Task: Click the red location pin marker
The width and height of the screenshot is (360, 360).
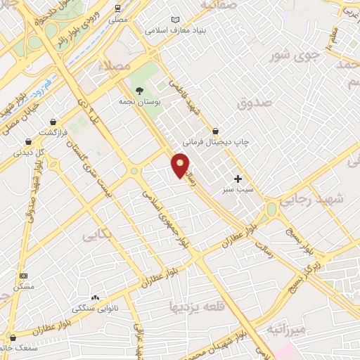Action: (x=180, y=165)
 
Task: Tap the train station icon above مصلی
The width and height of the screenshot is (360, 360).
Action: (x=119, y=8)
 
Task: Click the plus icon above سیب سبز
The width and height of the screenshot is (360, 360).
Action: (x=238, y=179)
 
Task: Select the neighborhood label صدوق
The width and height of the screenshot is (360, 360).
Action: (x=254, y=104)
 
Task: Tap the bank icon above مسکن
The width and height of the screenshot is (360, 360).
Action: (x=23, y=276)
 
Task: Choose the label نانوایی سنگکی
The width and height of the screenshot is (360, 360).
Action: (x=98, y=307)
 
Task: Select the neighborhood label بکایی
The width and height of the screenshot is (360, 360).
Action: (x=98, y=234)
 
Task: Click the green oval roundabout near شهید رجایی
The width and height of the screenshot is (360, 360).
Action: (x=271, y=210)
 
